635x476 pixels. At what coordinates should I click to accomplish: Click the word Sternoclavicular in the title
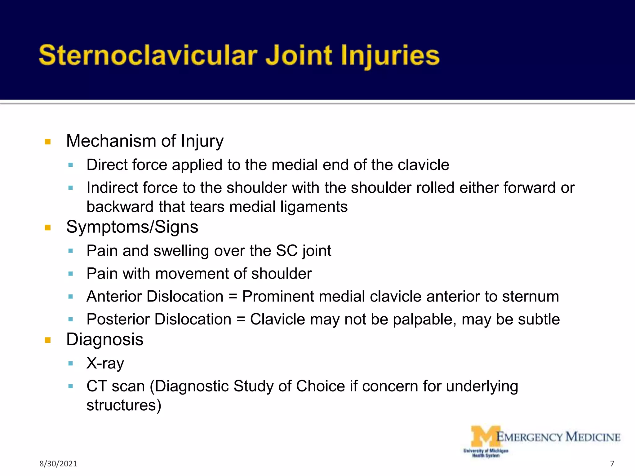(x=148, y=56)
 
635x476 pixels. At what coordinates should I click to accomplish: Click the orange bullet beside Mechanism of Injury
(x=47, y=142)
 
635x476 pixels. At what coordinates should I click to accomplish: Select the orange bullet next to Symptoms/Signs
(x=47, y=228)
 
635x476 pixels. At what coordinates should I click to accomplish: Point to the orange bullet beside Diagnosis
(x=47, y=340)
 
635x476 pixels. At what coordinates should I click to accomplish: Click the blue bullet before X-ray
(x=71, y=364)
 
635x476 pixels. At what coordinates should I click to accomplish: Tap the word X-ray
(x=105, y=363)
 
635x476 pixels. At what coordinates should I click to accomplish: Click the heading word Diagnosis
(x=105, y=340)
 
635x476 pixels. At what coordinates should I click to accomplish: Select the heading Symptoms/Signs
(x=132, y=227)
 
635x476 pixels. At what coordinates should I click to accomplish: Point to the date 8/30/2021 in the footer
(x=58, y=464)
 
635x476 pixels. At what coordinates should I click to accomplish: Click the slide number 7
(x=612, y=464)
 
